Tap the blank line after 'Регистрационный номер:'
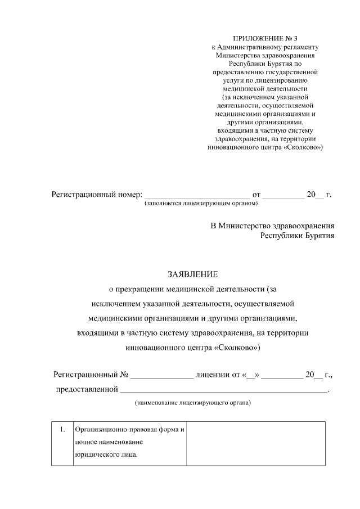coord(197,196)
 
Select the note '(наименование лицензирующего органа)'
coord(192,403)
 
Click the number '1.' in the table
coord(62,430)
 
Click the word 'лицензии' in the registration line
coord(210,374)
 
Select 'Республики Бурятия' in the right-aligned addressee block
coord(297,236)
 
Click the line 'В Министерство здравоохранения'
coord(272,226)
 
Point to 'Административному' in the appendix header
coord(256,47)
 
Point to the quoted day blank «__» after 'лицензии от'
coord(251,374)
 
